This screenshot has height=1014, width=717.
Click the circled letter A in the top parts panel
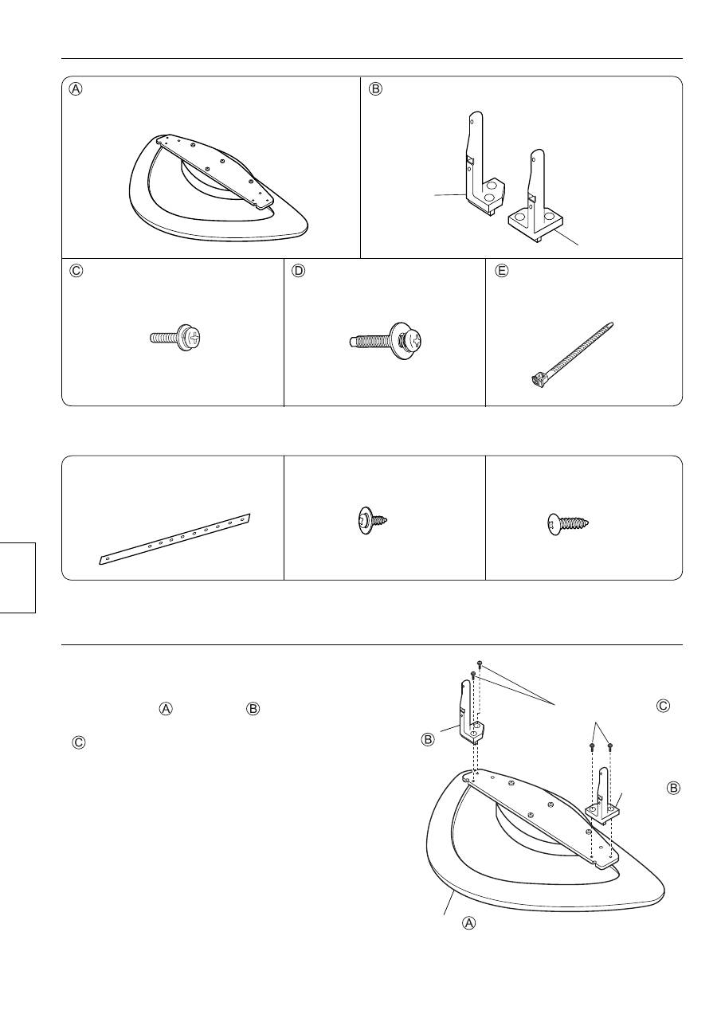point(76,88)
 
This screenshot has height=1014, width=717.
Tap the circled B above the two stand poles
point(375,88)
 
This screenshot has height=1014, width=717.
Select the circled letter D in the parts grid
point(298,271)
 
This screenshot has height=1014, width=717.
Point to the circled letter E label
point(502,271)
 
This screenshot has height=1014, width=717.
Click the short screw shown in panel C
point(175,338)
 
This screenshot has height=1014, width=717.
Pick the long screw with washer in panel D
point(388,342)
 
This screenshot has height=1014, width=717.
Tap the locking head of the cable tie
point(536,380)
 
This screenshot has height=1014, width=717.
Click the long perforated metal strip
point(174,539)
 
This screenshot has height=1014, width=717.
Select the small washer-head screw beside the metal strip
point(370,521)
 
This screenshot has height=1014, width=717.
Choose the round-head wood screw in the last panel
point(568,524)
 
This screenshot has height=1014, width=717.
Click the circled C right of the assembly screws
point(663,705)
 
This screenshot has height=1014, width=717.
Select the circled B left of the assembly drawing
point(428,740)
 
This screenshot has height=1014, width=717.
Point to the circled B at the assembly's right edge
point(673,788)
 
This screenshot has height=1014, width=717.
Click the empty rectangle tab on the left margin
point(18,577)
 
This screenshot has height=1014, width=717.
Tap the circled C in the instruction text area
point(78,743)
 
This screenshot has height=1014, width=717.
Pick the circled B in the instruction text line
point(253,708)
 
